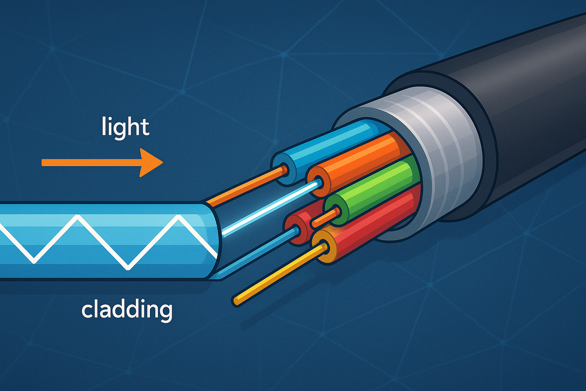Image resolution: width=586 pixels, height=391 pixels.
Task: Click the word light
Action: tap(126, 127)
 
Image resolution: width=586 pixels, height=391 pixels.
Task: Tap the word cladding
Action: tap(126, 310)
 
